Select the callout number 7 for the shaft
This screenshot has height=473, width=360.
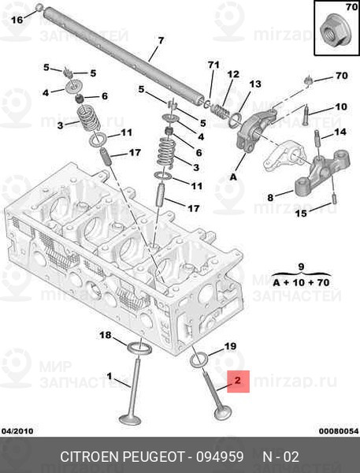point(161,40)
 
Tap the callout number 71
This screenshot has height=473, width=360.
point(213,64)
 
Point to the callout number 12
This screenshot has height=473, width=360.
point(232,74)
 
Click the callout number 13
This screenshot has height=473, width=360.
point(254,84)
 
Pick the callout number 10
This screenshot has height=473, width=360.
point(340,106)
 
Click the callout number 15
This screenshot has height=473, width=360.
point(301,213)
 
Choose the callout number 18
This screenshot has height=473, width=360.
point(105,336)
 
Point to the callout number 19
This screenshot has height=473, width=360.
point(230,346)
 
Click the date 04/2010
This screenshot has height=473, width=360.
point(17,430)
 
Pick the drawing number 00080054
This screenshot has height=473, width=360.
point(338,430)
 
